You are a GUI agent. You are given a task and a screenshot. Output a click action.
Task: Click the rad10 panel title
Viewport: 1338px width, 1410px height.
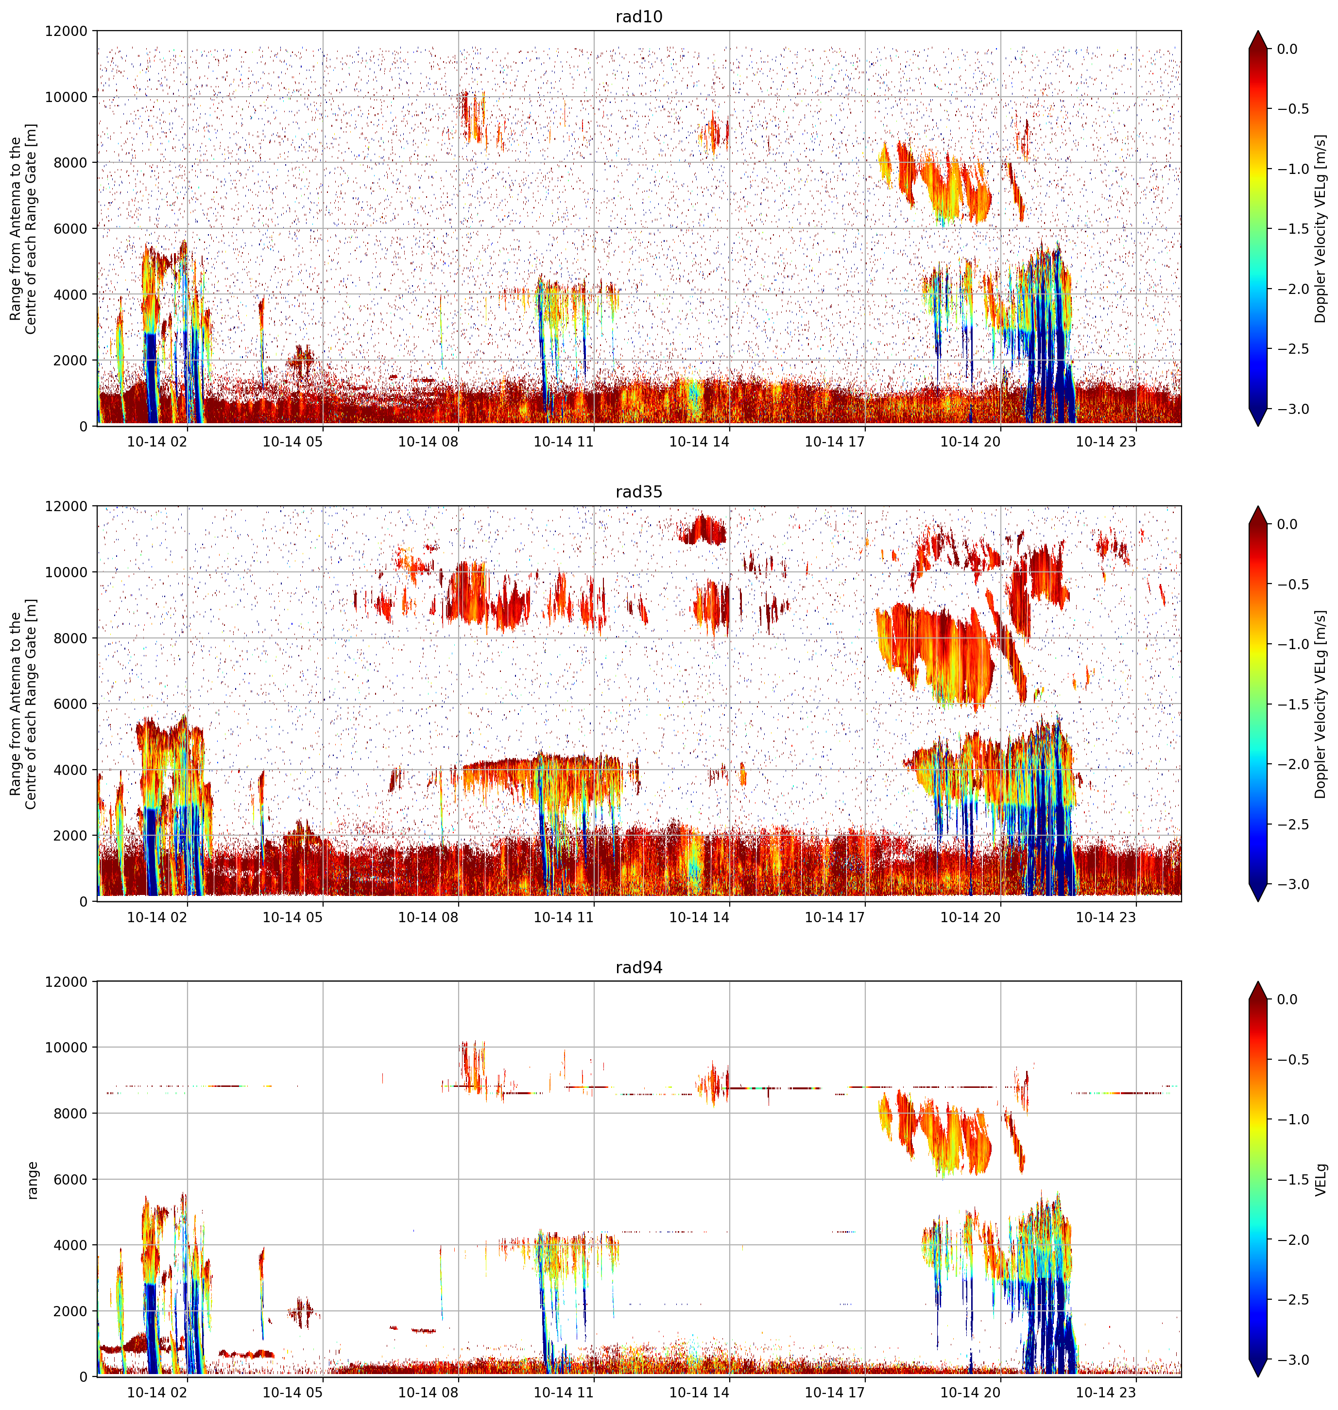click(x=638, y=17)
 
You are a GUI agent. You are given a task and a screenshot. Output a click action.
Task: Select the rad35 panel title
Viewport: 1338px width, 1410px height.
click(x=638, y=492)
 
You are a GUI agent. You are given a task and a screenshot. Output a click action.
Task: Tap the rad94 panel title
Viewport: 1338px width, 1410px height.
click(x=638, y=968)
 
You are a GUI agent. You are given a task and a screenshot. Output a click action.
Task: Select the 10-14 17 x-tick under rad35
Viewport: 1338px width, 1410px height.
click(x=835, y=917)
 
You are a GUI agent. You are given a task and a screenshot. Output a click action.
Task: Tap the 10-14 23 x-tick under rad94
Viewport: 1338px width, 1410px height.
click(x=1105, y=1393)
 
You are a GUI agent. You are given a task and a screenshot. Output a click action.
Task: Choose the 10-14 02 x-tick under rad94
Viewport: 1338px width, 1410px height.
click(x=157, y=1393)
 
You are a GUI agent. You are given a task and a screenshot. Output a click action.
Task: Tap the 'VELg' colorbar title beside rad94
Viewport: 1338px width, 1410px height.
click(x=1321, y=1180)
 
